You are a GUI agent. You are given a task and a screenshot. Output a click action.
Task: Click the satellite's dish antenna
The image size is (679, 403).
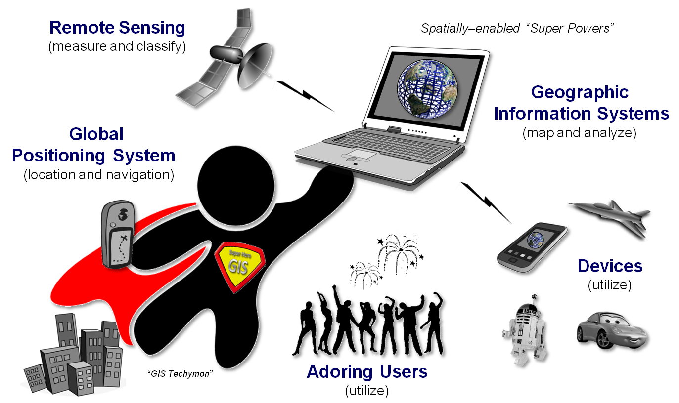pyautogui.click(x=254, y=65)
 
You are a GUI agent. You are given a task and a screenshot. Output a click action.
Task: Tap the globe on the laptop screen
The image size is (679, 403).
pyautogui.click(x=427, y=89)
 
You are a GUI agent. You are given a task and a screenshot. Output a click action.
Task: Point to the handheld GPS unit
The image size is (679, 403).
pyautogui.click(x=118, y=235)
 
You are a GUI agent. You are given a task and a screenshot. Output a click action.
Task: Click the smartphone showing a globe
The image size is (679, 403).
pyautogui.click(x=532, y=247)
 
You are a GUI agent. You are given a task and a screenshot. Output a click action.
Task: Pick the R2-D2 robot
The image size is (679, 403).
pyautogui.click(x=525, y=330)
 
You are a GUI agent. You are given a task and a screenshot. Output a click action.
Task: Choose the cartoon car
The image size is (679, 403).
pyautogui.click(x=612, y=330)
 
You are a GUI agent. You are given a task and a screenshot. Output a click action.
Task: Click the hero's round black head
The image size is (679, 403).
pyautogui.click(x=236, y=186)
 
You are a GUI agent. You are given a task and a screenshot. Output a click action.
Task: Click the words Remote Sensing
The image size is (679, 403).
pyautogui.click(x=117, y=28)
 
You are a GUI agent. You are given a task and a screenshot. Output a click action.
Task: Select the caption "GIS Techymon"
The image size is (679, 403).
pyautogui.click(x=180, y=374)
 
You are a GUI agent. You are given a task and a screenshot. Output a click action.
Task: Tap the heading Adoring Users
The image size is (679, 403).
pyautogui.click(x=367, y=371)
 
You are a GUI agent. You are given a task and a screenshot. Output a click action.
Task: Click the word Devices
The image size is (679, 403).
pyautogui.click(x=610, y=266)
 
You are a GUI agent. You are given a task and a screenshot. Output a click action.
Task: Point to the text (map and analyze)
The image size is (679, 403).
pyautogui.click(x=579, y=133)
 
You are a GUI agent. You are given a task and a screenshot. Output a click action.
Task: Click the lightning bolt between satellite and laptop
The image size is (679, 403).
pyautogui.click(x=305, y=96)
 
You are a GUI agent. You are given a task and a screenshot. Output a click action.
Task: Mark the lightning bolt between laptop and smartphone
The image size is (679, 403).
pyautogui.click(x=486, y=202)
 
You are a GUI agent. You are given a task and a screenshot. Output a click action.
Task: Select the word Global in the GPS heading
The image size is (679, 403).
pyautogui.click(x=96, y=134)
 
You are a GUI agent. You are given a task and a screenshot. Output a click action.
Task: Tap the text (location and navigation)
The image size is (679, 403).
pyautogui.click(x=99, y=175)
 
